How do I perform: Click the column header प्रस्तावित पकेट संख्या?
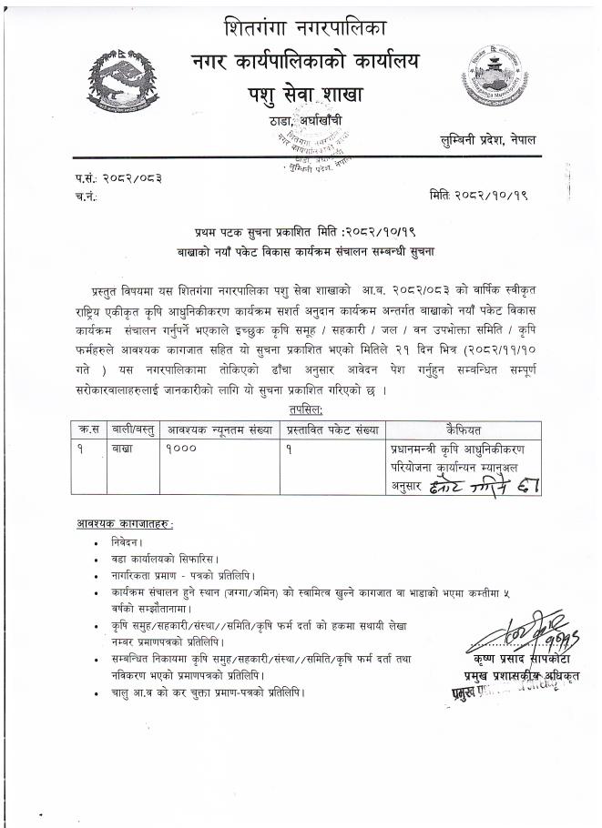tap(333, 429)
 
